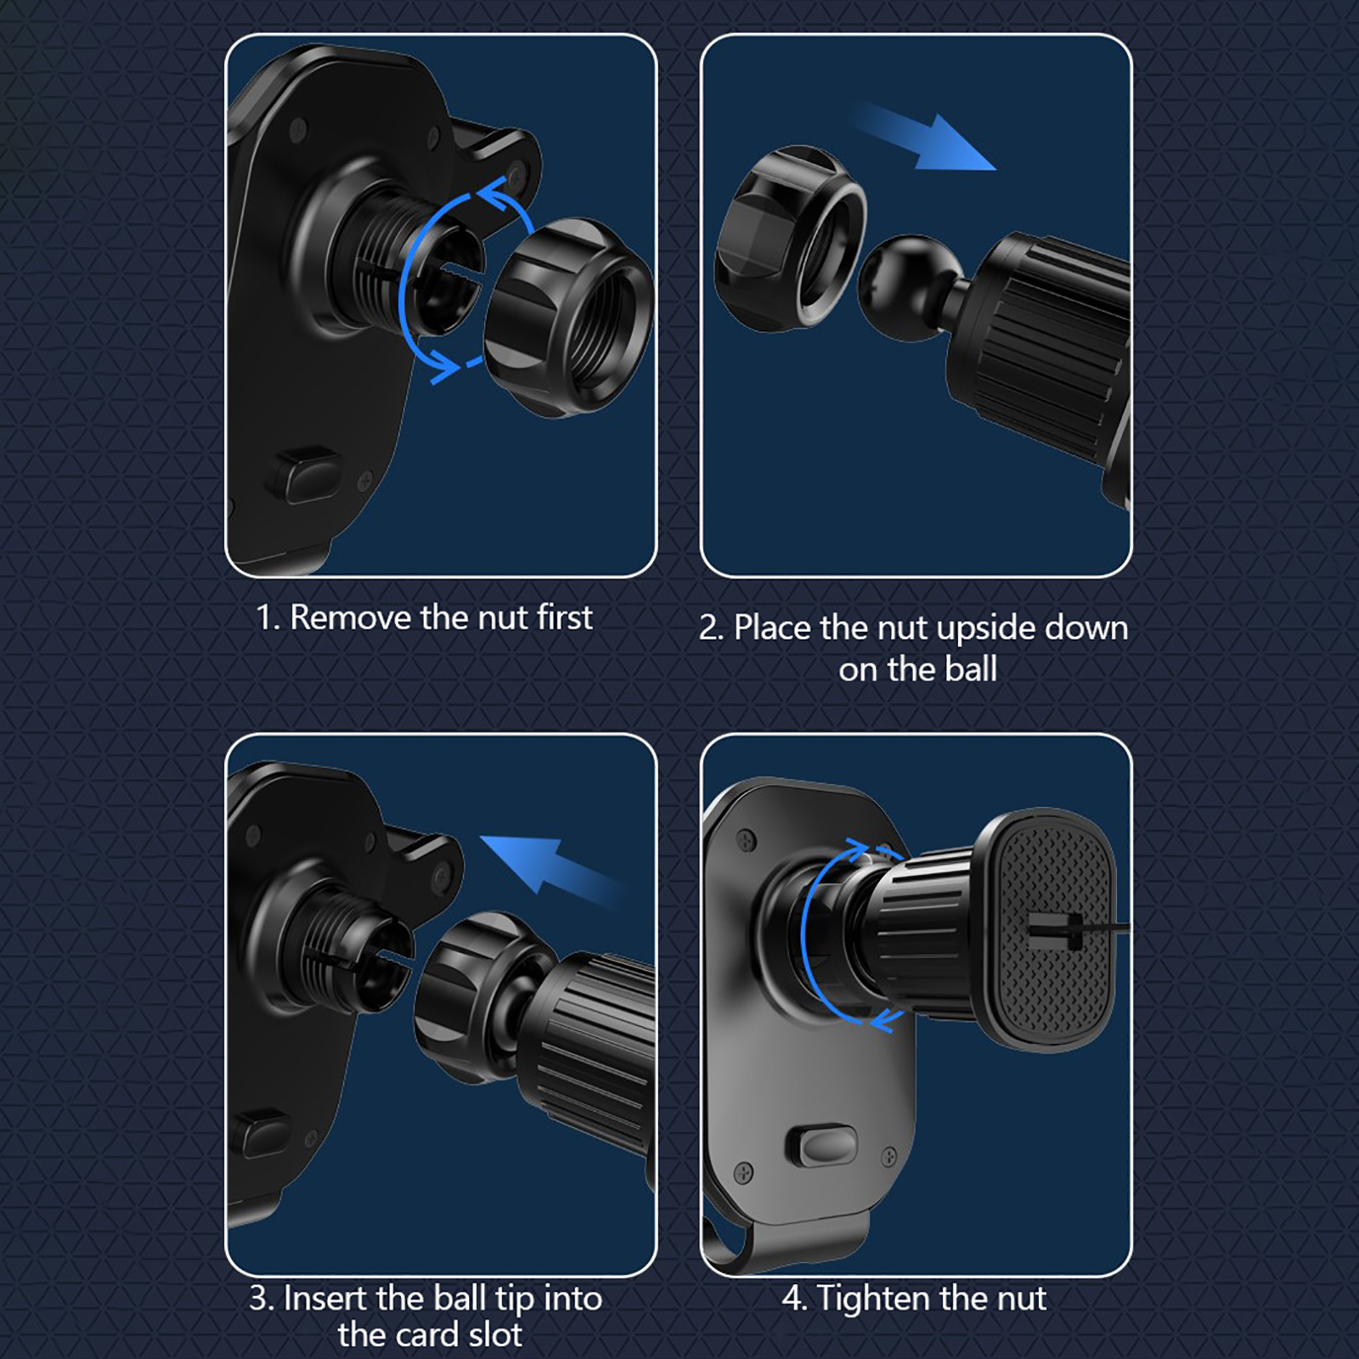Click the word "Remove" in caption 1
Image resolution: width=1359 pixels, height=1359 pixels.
point(351,617)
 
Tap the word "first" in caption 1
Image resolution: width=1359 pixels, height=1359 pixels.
point(565,617)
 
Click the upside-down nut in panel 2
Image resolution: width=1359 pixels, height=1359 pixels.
point(790,238)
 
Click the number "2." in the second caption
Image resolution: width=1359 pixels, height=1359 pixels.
point(711,629)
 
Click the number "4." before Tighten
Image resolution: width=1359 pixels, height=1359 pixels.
point(794,1299)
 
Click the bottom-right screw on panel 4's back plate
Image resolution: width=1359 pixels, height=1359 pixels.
point(890,1155)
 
